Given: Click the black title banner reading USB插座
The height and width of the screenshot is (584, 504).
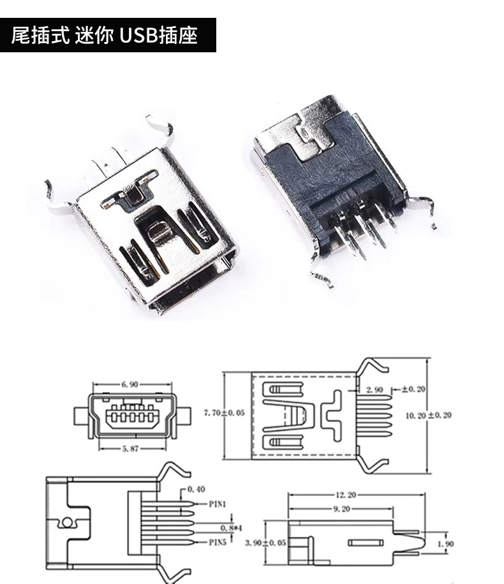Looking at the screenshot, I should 105,35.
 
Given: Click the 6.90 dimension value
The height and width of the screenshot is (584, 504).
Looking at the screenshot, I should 130,384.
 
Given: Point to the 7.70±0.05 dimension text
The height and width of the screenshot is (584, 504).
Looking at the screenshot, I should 224,413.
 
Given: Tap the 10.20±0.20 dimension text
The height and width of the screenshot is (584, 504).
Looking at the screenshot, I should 429,415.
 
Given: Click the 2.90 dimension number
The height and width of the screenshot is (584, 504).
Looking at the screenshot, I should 374,389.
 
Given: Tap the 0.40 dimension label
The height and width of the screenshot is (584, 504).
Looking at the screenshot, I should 197,490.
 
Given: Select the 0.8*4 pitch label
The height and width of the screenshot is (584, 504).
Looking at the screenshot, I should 228,528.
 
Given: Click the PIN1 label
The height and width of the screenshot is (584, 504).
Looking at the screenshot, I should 219,504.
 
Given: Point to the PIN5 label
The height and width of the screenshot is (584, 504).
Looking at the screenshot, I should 219,543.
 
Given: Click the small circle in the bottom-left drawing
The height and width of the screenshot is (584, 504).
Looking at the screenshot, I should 66,523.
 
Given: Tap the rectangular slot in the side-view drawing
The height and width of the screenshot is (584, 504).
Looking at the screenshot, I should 366,543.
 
